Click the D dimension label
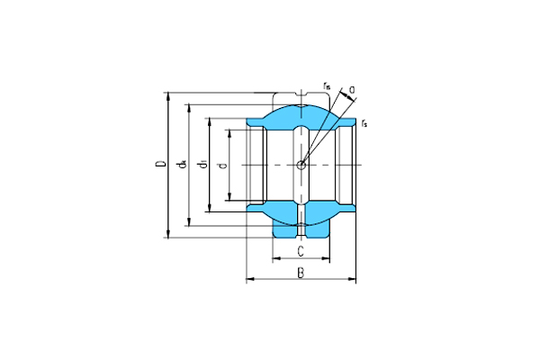159,164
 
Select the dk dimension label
182,164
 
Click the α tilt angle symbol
352,88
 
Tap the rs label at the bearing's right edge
364,122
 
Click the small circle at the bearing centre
301,164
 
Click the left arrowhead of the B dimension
248,279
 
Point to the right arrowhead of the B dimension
353,279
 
